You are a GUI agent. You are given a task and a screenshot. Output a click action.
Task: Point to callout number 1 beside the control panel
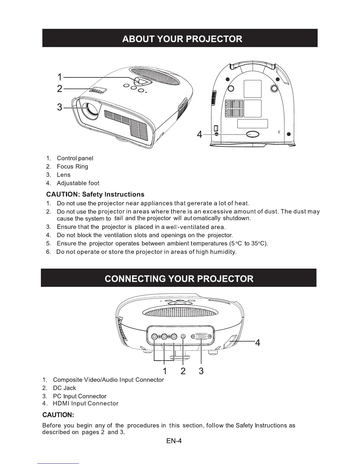click(60, 77)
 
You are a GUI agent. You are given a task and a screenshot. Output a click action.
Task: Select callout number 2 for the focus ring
click(60, 89)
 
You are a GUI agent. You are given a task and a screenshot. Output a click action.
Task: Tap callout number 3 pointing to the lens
click(60, 107)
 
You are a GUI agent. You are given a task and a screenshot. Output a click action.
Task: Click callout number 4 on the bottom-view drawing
click(200, 135)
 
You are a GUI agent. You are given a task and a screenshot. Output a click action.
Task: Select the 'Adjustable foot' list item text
click(78, 183)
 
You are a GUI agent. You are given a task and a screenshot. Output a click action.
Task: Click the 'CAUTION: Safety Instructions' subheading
click(95, 194)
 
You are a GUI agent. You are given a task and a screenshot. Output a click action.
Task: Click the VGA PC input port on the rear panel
click(201, 337)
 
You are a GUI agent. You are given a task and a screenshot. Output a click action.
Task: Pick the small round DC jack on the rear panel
click(184, 337)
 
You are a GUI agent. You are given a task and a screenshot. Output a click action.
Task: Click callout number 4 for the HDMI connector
click(258, 343)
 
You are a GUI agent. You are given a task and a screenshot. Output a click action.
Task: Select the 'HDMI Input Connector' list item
click(86, 403)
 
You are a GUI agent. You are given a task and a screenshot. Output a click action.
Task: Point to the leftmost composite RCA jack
click(155, 337)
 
